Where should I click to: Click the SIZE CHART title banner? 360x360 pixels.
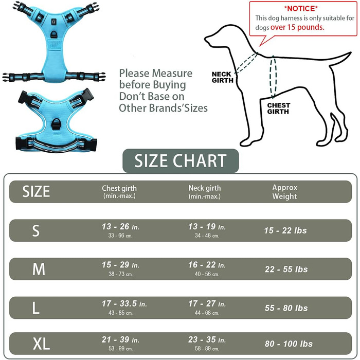[x=181, y=160]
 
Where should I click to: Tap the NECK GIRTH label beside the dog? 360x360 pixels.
[x=222, y=77]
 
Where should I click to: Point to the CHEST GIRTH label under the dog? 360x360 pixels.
[x=279, y=109]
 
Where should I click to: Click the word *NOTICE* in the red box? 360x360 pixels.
[x=301, y=9]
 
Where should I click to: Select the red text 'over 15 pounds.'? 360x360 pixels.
[x=297, y=27]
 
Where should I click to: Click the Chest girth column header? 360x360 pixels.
[x=119, y=191]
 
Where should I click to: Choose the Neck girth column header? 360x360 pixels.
[x=205, y=191]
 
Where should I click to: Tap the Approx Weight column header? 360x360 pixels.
[x=285, y=192]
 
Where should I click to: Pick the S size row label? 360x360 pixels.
[x=36, y=231]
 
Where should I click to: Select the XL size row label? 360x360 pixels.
[x=41, y=344]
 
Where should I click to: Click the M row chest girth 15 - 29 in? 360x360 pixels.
[x=120, y=265]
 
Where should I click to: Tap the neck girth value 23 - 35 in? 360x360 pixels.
[x=207, y=339]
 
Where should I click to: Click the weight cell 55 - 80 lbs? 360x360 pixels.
[x=286, y=308]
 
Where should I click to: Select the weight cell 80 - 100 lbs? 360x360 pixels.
[x=289, y=344]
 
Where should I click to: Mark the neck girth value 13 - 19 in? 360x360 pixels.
[x=207, y=227]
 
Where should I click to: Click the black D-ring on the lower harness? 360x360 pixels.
[x=56, y=124]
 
